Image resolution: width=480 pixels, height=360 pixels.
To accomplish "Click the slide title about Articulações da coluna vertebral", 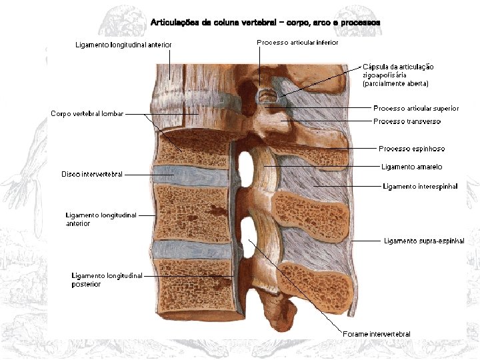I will pos(265,22).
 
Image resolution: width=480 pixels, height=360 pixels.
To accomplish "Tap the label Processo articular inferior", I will pos(297,42).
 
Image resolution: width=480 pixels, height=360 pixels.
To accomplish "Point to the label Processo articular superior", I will pos(416,108).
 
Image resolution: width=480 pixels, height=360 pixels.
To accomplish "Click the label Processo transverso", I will pos(407,121).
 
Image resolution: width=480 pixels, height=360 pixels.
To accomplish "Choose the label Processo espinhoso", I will pos(411,149).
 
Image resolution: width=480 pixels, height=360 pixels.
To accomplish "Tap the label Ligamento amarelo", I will pos(411,167).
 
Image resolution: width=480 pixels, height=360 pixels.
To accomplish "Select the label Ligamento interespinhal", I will pos(420,187).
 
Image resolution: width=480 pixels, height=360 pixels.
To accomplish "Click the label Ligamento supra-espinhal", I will pos(424,241).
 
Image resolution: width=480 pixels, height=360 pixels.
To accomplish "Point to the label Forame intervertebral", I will pos(377,334).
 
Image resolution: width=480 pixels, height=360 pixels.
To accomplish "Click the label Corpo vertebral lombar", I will pos(87,114).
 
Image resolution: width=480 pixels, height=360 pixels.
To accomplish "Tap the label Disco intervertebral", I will pos(92,174).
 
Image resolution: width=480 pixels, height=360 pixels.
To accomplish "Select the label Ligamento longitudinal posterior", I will pos(107,280).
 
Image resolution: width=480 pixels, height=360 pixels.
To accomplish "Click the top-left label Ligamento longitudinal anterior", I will pos(123,45).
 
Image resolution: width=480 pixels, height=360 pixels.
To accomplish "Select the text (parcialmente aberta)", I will pos(395,84).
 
